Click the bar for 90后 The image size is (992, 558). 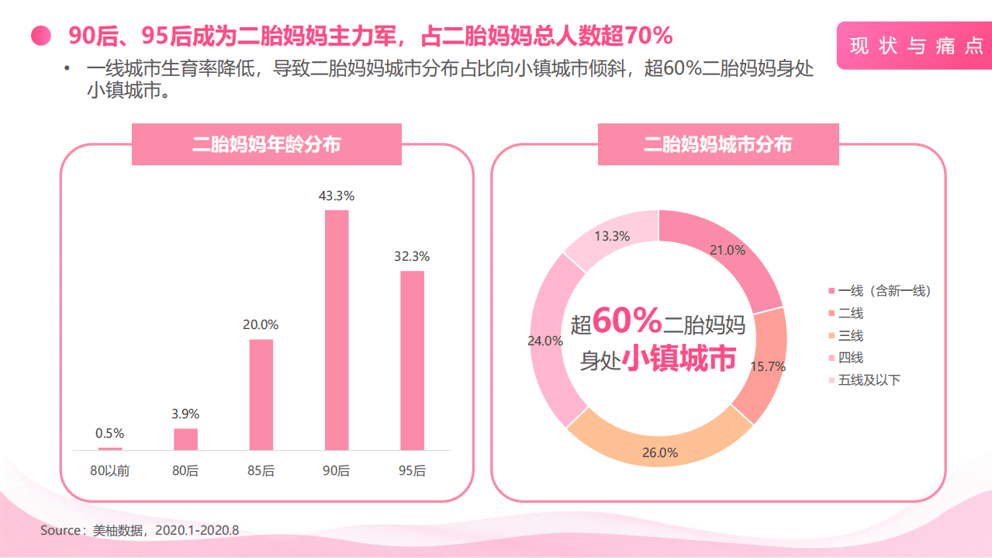tap(337, 330)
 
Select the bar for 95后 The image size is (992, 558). tap(413, 360)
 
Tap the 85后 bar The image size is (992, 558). tap(261, 394)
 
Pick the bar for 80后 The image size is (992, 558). tap(185, 439)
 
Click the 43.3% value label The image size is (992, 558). tap(337, 196)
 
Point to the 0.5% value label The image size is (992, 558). tap(109, 433)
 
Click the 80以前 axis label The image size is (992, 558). tap(109, 470)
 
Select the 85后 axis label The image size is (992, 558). tap(261, 470)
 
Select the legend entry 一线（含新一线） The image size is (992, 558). tap(880, 291)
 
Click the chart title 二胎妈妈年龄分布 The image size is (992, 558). tap(267, 144)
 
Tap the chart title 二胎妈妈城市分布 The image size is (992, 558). tap(718, 144)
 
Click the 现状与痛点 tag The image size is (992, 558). tap(916, 46)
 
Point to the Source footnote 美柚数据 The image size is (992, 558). tap(140, 531)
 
